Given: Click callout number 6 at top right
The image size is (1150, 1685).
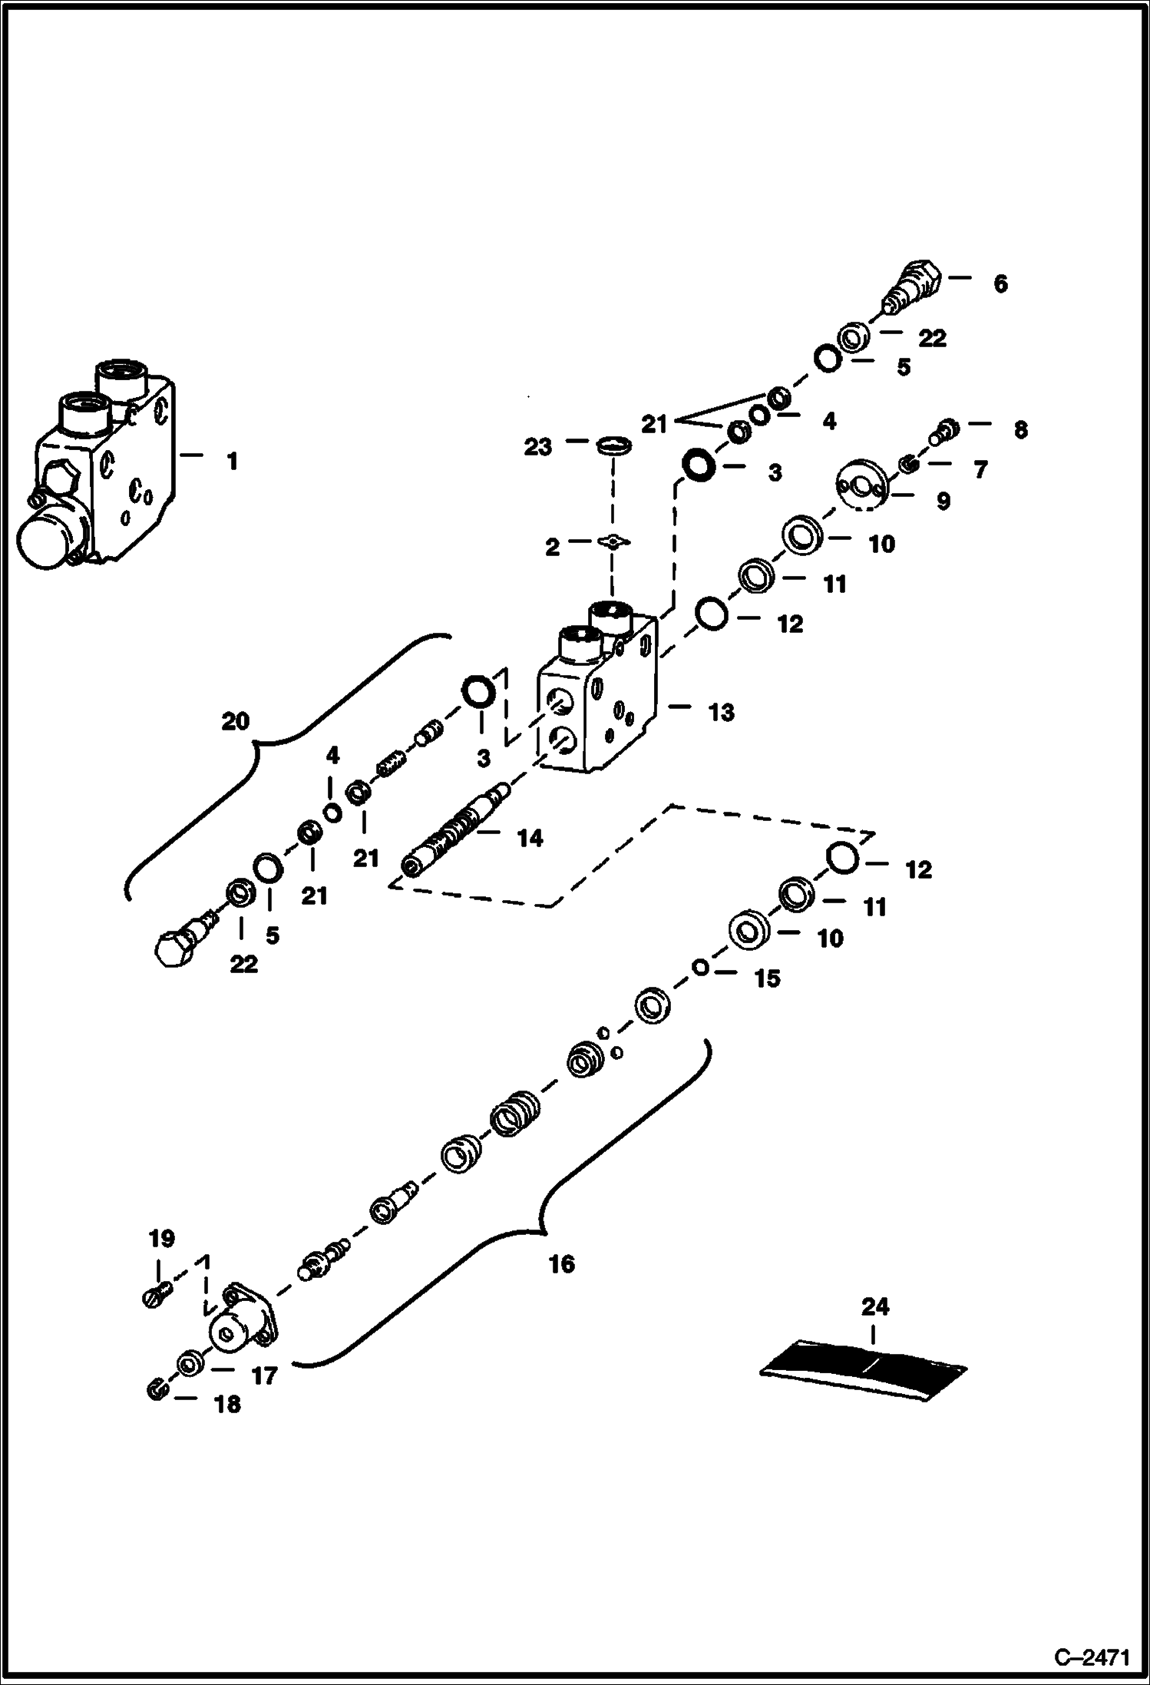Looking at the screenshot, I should point(1000,284).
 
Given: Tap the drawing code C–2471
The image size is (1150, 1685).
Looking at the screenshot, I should point(1091,1657).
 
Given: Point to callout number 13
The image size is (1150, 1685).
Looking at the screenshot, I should point(722,712).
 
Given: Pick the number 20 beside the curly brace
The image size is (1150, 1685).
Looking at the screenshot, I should point(236,721).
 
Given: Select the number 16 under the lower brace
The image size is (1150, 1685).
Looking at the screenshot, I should point(562,1263).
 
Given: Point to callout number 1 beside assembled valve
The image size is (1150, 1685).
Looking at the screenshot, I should point(231,462).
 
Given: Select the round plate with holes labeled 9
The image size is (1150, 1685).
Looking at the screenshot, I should point(861,485).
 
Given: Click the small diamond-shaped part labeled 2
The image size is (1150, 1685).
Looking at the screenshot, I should point(613,543).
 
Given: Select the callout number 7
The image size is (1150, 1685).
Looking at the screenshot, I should point(980,469).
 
